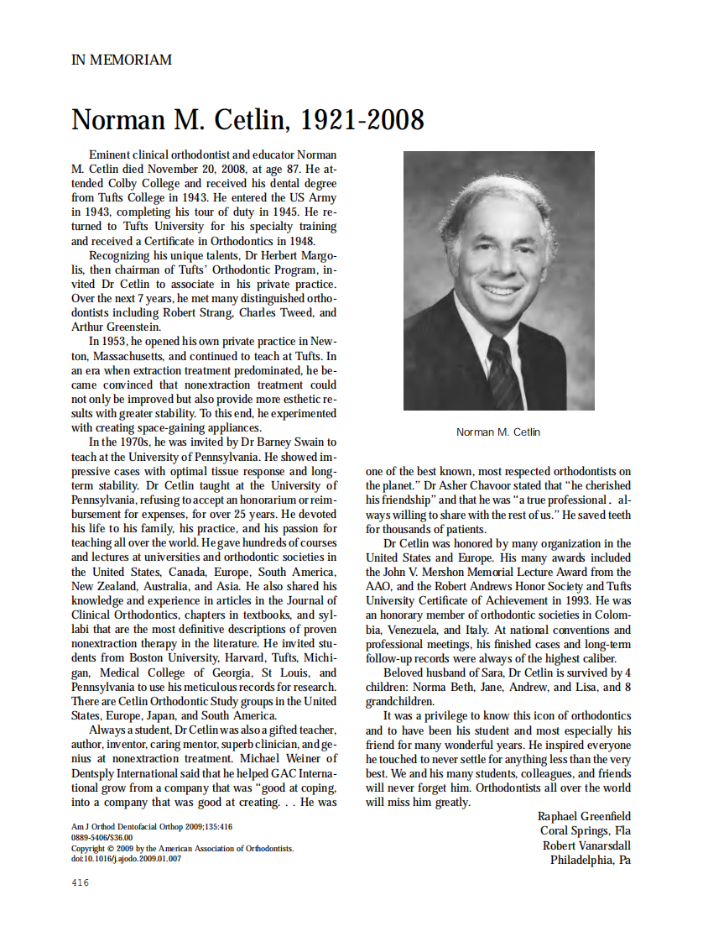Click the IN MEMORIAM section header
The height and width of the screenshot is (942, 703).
tap(122, 60)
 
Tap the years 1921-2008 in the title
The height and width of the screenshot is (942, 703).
tap(362, 120)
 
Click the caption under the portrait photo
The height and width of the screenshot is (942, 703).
tap(498, 432)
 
